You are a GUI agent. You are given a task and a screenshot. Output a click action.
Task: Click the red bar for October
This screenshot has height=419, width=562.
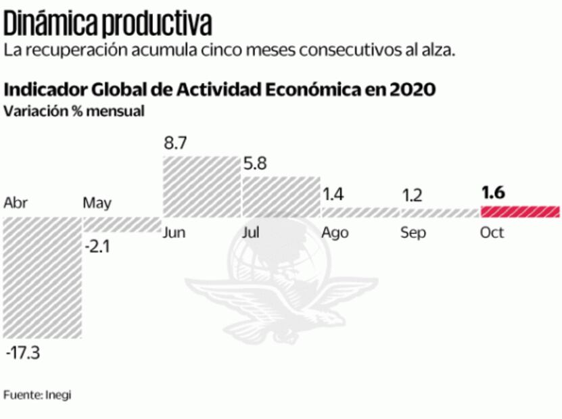(x=520, y=212)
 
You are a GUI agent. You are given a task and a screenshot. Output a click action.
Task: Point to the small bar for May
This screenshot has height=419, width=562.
(x=121, y=225)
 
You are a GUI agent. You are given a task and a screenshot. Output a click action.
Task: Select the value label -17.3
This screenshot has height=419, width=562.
(x=23, y=353)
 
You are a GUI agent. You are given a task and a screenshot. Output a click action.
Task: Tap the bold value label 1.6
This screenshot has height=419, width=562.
(x=493, y=193)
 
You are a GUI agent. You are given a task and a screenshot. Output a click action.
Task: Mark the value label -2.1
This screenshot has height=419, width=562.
(x=97, y=247)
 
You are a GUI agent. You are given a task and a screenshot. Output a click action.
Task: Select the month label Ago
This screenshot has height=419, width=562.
(x=335, y=233)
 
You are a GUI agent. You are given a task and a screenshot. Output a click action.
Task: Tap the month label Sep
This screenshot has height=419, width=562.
(x=413, y=233)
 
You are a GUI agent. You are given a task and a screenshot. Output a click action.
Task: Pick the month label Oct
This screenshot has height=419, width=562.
(x=492, y=233)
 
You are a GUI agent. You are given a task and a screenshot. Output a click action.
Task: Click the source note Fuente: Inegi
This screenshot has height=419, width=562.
(x=37, y=395)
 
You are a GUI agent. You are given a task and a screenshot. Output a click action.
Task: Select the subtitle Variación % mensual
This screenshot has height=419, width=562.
(x=74, y=112)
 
